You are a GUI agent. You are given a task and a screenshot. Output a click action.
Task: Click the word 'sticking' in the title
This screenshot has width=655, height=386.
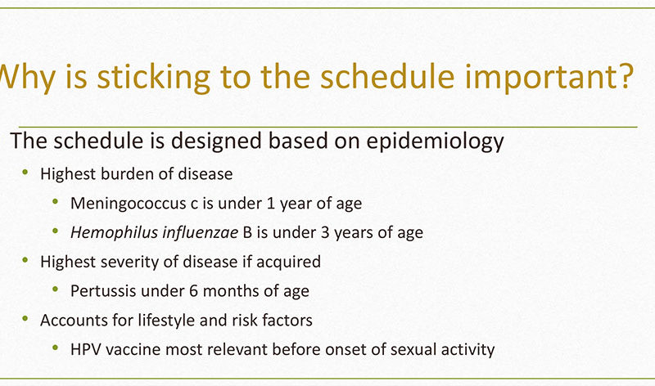[153, 78]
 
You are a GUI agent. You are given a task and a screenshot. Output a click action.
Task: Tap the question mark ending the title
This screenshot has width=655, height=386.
[626, 76]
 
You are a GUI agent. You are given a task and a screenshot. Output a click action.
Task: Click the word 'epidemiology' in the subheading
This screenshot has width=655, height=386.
[435, 141]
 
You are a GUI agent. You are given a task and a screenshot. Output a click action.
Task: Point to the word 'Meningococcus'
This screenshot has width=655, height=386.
[129, 204]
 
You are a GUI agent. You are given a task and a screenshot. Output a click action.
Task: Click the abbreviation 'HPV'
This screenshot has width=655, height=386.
[86, 349]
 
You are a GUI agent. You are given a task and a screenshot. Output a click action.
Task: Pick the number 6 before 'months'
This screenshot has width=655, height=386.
[193, 291]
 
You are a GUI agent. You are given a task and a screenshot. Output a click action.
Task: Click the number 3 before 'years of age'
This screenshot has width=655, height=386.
[325, 232]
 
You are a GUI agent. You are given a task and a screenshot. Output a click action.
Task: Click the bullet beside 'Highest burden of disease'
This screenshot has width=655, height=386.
[25, 172]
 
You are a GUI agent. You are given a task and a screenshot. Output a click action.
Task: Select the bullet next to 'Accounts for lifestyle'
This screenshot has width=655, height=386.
[25, 318]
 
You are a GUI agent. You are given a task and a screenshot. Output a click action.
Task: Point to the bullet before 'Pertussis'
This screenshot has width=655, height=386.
[55, 289]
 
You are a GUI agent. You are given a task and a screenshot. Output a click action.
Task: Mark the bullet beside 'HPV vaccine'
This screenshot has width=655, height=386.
[55, 348]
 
